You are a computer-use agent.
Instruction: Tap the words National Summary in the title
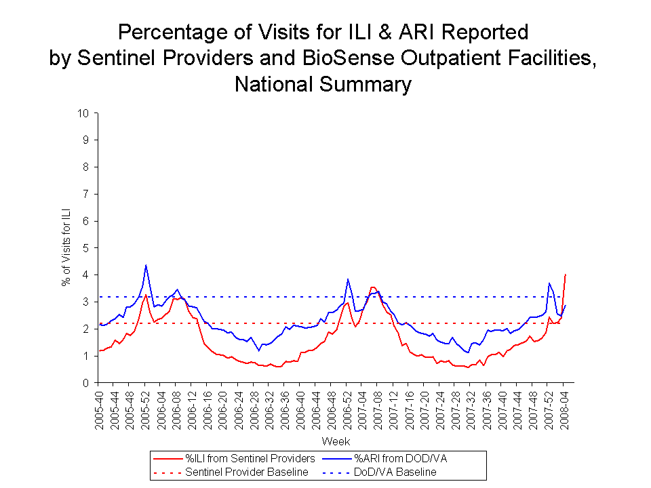323,84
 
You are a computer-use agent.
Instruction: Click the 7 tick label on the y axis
87,194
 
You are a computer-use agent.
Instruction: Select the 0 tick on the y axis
87,383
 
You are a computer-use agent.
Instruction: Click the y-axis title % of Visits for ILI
66,248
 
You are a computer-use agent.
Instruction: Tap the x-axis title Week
336,441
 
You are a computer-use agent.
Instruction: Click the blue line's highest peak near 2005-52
146,265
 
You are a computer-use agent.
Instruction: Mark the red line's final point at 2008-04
566,274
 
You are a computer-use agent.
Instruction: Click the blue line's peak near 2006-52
348,279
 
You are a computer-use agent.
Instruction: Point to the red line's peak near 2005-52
146,295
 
